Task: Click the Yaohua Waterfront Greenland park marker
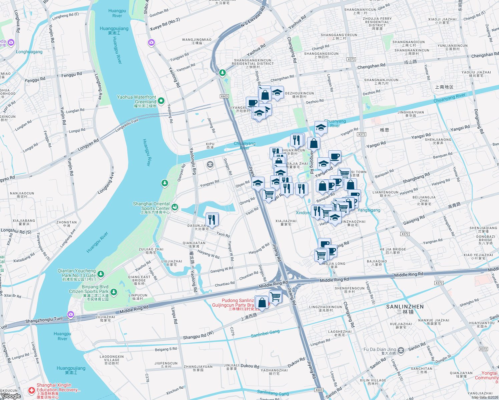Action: tap(161, 100)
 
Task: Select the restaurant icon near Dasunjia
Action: tap(212, 220)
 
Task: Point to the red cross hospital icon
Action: tap(31, 390)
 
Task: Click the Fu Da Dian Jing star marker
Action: tap(401, 350)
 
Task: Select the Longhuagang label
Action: tap(29, 52)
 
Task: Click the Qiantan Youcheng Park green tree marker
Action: tap(101, 274)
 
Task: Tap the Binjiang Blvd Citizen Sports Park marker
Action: tap(114, 292)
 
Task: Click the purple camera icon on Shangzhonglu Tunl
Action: tap(70, 314)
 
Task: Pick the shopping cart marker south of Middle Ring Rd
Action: tap(276, 296)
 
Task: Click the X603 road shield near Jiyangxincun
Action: tap(224, 96)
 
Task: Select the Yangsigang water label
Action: tap(369, 210)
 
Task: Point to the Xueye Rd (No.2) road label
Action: tap(165, 24)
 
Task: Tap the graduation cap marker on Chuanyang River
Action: tap(321, 128)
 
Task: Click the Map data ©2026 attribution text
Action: tap(485, 397)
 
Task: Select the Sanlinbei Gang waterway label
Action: tap(265, 334)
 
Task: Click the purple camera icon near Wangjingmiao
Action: tap(151, 42)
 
